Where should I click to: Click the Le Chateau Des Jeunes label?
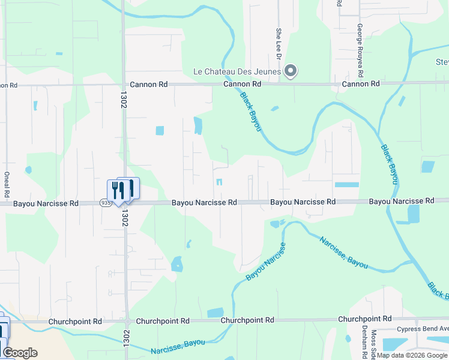coord(237,71)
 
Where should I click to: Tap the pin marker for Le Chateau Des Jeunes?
coord(291,71)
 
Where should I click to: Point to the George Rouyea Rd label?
coord(360,50)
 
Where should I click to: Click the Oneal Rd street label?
coord(7,182)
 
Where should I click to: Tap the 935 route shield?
coord(106,203)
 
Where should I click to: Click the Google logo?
coord(20,353)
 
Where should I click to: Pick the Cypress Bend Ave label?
coord(423,329)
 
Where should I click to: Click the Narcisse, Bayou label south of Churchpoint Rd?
coord(178,347)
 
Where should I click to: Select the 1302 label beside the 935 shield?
coord(125,215)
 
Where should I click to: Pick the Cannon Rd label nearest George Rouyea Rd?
coord(361,84)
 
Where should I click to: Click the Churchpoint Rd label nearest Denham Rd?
coord(364,319)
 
